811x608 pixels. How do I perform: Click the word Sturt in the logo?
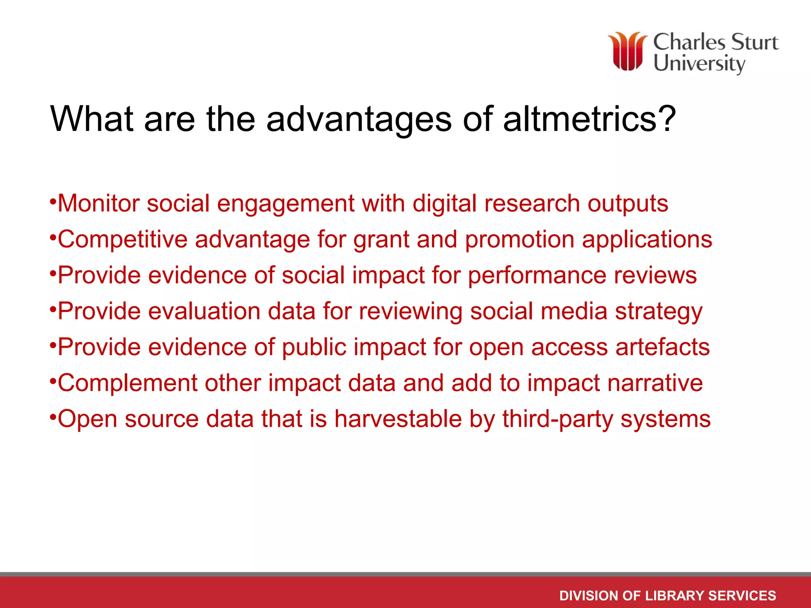pos(754,42)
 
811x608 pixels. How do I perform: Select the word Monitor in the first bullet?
pos(99,203)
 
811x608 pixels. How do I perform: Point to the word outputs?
pos(628,204)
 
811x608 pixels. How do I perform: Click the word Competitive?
pos(122,240)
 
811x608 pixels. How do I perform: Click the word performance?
pos(537,276)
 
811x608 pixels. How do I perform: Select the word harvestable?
pos(398,419)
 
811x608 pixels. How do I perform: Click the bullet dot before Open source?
pos(53,416)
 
